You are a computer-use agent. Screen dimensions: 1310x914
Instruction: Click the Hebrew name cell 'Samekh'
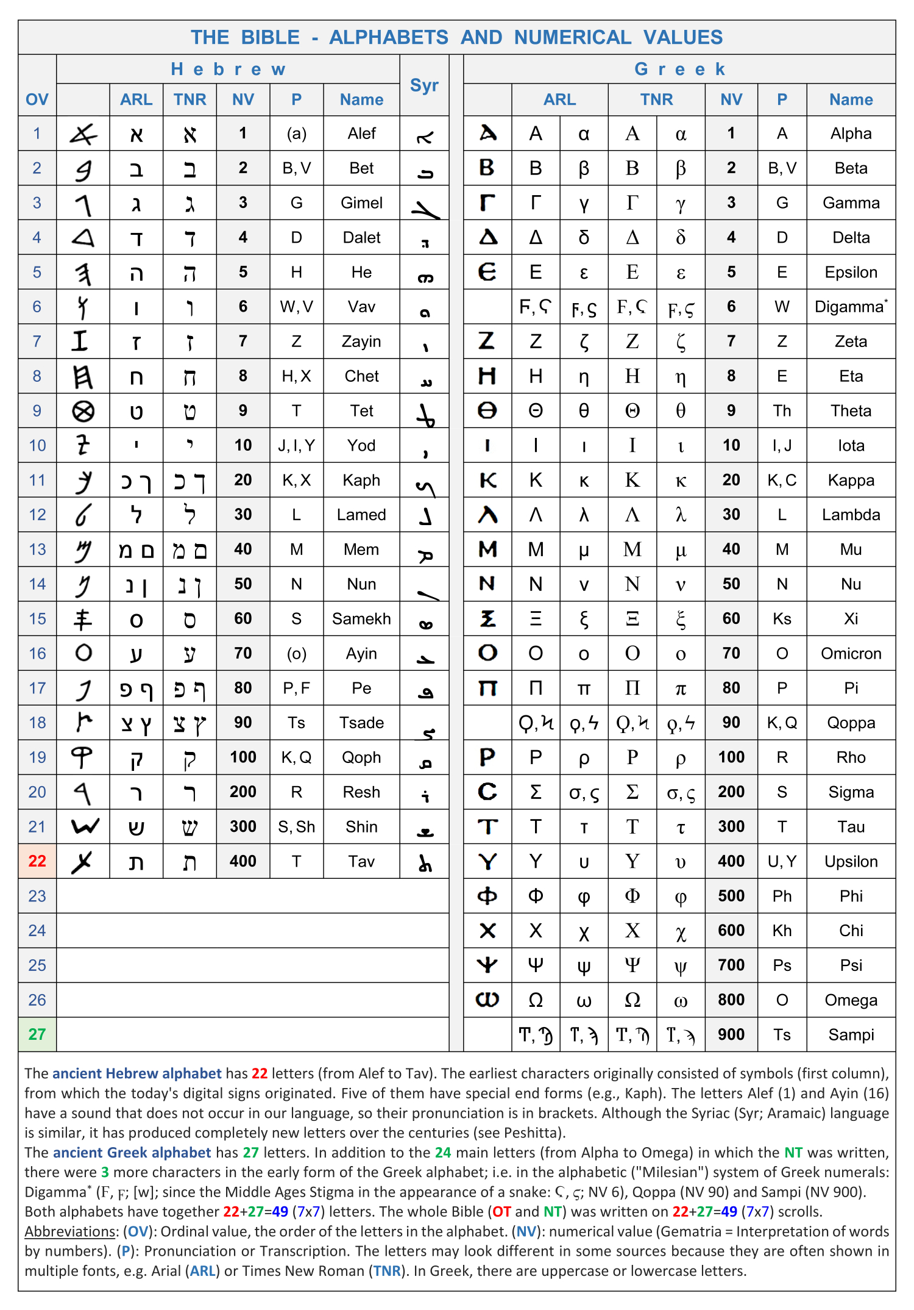pyautogui.click(x=361, y=619)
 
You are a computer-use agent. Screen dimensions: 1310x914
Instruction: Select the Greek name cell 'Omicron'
pyautogui.click(x=851, y=654)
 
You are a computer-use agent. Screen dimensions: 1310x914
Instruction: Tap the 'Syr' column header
pyautogui.click(x=424, y=85)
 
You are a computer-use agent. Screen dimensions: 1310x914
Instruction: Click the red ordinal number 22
pyautogui.click(x=37, y=861)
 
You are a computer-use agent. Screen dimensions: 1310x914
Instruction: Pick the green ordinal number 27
pyautogui.click(x=37, y=1034)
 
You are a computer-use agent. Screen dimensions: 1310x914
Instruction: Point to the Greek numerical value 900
pyautogui.click(x=731, y=1034)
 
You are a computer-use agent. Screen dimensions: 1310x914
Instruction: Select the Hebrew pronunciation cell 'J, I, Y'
pyautogui.click(x=296, y=446)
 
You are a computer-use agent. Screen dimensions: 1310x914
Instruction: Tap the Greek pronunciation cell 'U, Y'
pyautogui.click(x=782, y=862)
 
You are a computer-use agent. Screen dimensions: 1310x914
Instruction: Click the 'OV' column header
pyautogui.click(x=37, y=99)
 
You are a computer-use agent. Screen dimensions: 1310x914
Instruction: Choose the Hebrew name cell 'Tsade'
pyautogui.click(x=361, y=723)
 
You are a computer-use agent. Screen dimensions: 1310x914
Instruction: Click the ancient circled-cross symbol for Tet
pyautogui.click(x=83, y=412)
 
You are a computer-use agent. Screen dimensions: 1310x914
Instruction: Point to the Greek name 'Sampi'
pyautogui.click(x=851, y=1035)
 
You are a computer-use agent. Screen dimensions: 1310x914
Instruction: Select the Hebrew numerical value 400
pyautogui.click(x=243, y=861)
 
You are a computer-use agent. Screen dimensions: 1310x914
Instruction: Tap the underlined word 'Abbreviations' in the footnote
pyautogui.click(x=69, y=1231)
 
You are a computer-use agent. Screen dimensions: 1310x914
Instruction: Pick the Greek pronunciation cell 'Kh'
pyautogui.click(x=782, y=931)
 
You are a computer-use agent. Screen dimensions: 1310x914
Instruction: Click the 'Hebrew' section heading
pyautogui.click(x=228, y=70)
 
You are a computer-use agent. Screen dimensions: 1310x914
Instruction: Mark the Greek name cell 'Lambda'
pyautogui.click(x=851, y=515)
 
